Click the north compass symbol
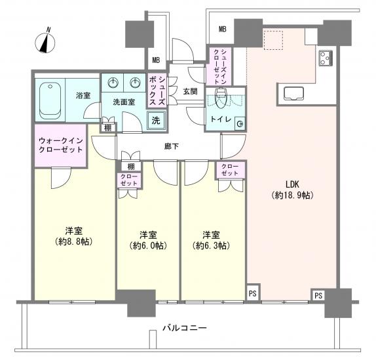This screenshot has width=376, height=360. click(45, 42)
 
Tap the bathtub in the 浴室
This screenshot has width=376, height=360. click(50, 100)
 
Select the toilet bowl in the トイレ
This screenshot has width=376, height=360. click(221, 98)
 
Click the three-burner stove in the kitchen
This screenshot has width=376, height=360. click(326, 58)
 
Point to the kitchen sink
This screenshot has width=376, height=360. click(293, 93)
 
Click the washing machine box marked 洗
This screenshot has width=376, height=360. click(156, 120)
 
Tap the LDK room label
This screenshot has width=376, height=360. click(292, 184)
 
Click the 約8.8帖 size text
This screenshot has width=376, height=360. click(73, 242)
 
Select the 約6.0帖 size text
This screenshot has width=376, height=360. click(148, 245)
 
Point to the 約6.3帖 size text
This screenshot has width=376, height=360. click(211, 245)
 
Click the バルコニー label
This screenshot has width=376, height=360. click(185, 328)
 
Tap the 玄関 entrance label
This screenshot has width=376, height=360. click(190, 91)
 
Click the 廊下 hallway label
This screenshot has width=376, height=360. click(172, 146)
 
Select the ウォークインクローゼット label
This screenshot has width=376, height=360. click(60, 145)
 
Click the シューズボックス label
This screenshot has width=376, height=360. click(157, 91)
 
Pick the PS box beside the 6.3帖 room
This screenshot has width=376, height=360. click(252, 293)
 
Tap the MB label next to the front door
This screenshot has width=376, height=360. click(156, 60)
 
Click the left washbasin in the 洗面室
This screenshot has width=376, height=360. click(113, 83)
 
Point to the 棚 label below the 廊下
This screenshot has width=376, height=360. click(131, 166)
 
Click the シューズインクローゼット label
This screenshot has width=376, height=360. click(220, 66)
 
